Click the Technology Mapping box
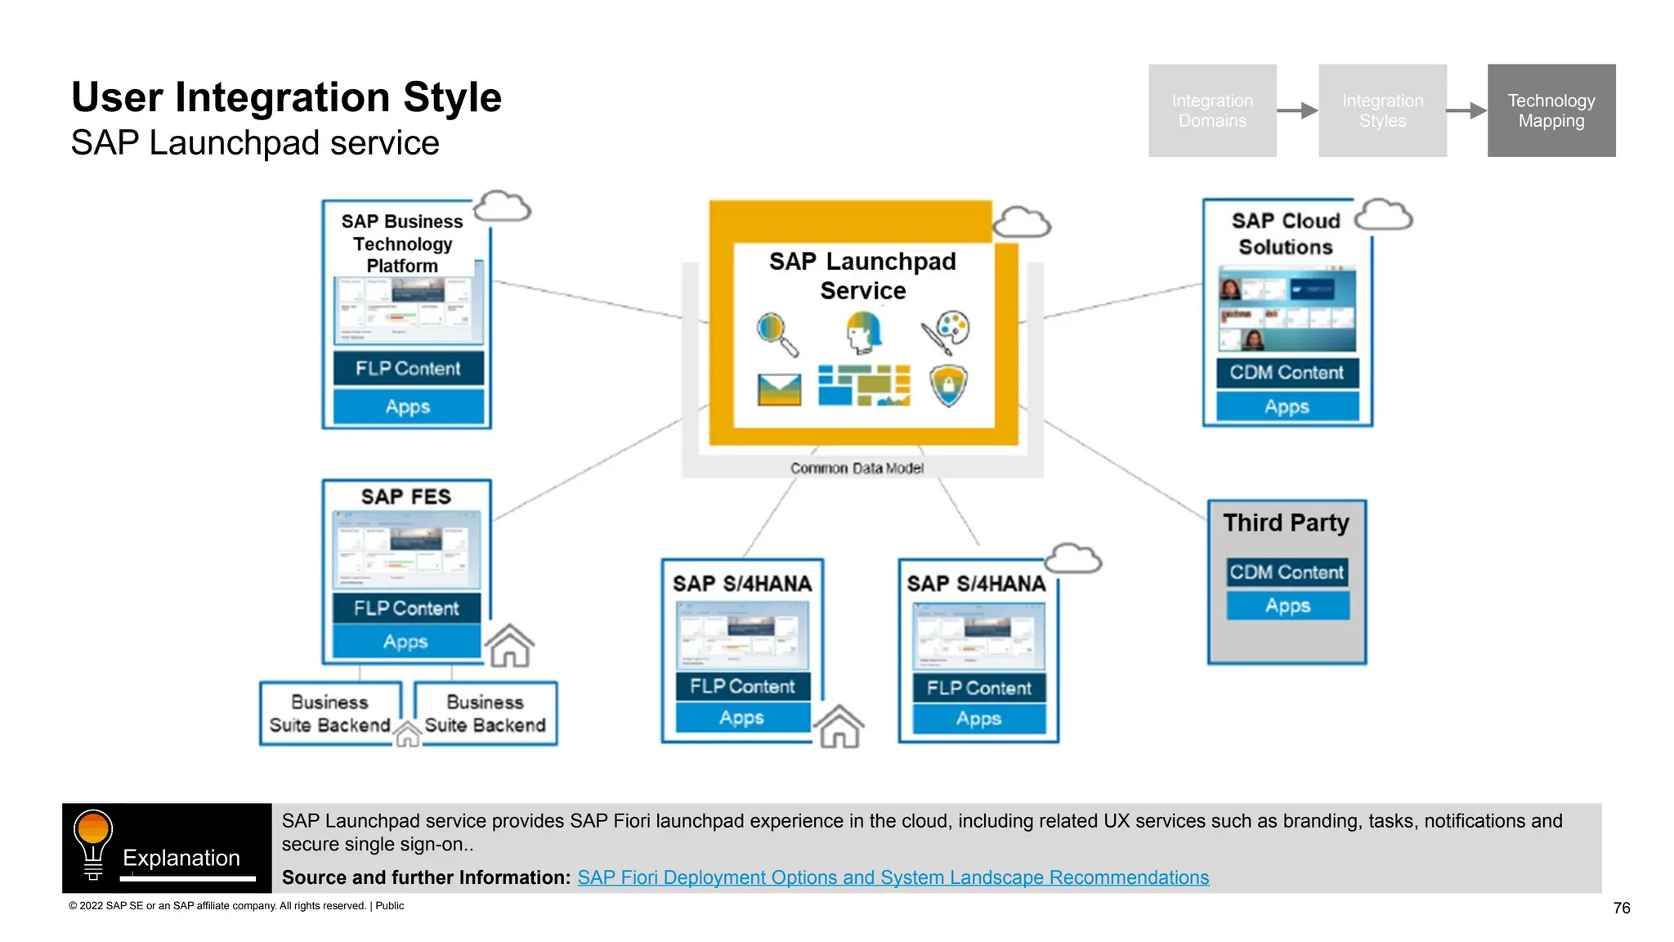(1551, 110)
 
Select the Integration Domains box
(1211, 110)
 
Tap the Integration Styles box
(1381, 110)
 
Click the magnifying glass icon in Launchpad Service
(777, 334)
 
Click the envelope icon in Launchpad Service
(779, 389)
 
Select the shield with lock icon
(948, 385)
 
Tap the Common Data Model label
(857, 469)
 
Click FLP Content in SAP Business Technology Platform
(408, 369)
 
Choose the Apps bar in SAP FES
(405, 642)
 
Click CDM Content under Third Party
(1287, 572)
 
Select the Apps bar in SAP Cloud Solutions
(1287, 406)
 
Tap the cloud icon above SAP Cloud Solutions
(1383, 216)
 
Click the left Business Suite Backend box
(330, 713)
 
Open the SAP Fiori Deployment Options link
(893, 877)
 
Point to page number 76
(1622, 908)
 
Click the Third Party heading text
(1286, 523)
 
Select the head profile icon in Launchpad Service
(863, 332)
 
